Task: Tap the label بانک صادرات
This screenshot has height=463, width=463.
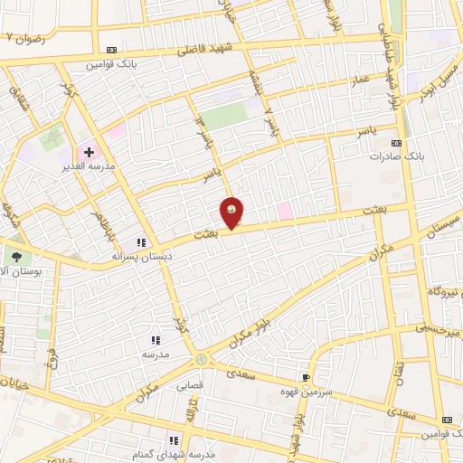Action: [x=396, y=156]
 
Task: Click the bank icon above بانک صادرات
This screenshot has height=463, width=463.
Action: [x=396, y=143]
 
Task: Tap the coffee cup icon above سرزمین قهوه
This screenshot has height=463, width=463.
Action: [x=307, y=376]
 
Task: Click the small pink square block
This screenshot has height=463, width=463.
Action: [x=285, y=211]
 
